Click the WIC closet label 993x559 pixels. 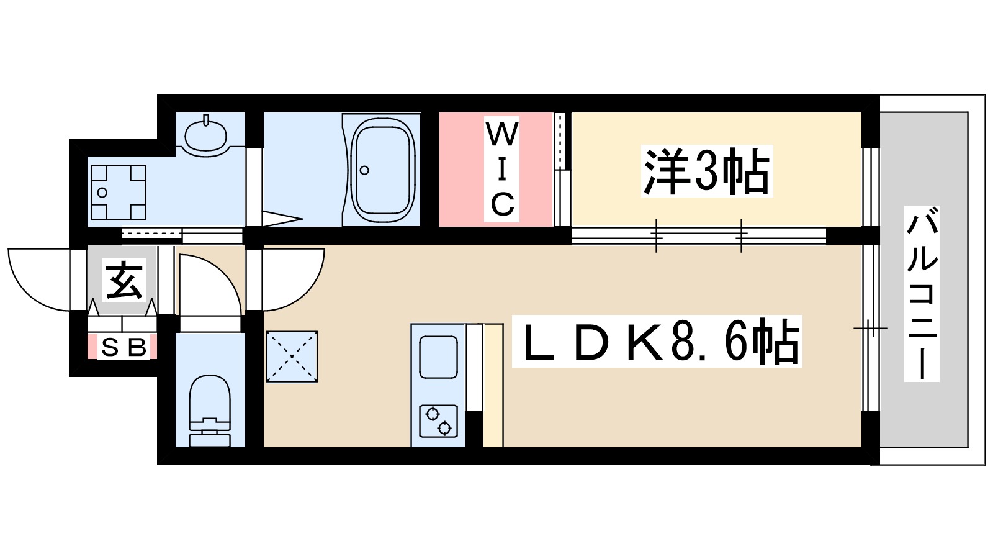tap(501, 169)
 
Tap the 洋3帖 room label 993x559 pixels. tap(706, 171)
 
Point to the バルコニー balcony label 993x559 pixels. tap(922, 293)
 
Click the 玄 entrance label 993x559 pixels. tap(124, 281)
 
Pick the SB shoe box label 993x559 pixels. tap(124, 347)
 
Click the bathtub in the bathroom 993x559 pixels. tap(382, 170)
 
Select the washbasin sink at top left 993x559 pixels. tap(205, 134)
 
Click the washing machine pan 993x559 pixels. tap(119, 193)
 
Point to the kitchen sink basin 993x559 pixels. tap(438, 357)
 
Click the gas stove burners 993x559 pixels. tap(438, 421)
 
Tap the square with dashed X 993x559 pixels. tap(292, 357)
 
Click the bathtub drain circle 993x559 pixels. tap(364, 170)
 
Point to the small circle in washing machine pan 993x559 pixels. tap(102, 193)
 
